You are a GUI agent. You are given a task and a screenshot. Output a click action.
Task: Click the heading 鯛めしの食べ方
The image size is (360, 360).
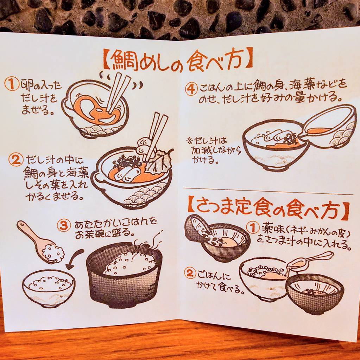(x=178, y=59)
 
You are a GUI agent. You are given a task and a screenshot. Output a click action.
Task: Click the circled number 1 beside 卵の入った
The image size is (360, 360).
(x=12, y=84)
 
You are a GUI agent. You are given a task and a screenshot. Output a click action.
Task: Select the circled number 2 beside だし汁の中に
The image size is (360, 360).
(x=16, y=160)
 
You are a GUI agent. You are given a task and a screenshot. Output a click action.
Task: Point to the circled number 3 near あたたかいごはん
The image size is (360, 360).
(x=64, y=225)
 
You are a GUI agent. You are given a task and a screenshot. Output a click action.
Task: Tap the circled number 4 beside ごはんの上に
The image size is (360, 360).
(x=191, y=89)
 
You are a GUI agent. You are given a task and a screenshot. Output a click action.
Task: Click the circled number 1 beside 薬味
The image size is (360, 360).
(x=253, y=228)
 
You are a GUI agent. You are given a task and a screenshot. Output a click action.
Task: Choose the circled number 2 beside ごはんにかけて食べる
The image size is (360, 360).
(x=190, y=273)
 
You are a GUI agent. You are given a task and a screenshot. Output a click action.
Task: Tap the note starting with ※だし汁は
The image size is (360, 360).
(x=214, y=150)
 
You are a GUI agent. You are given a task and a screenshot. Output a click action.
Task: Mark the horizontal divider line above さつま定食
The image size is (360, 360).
(x=268, y=191)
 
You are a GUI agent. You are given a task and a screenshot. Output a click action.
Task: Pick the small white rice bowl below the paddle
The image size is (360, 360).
(x=49, y=288)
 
